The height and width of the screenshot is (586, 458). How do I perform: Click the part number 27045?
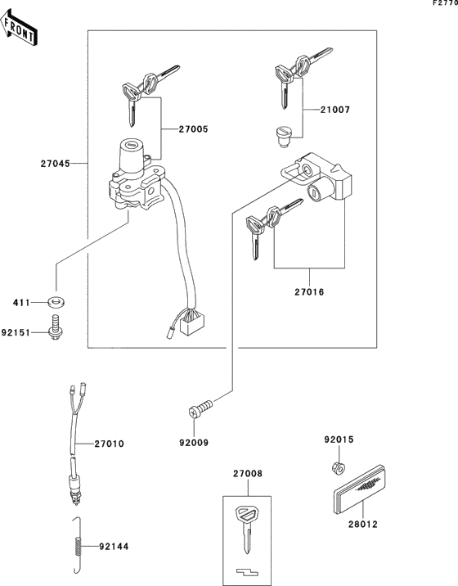pyautogui.click(x=55, y=164)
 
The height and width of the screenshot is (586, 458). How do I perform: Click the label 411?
pyautogui.click(x=21, y=304)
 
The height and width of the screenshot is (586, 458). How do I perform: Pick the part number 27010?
pyautogui.click(x=109, y=444)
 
